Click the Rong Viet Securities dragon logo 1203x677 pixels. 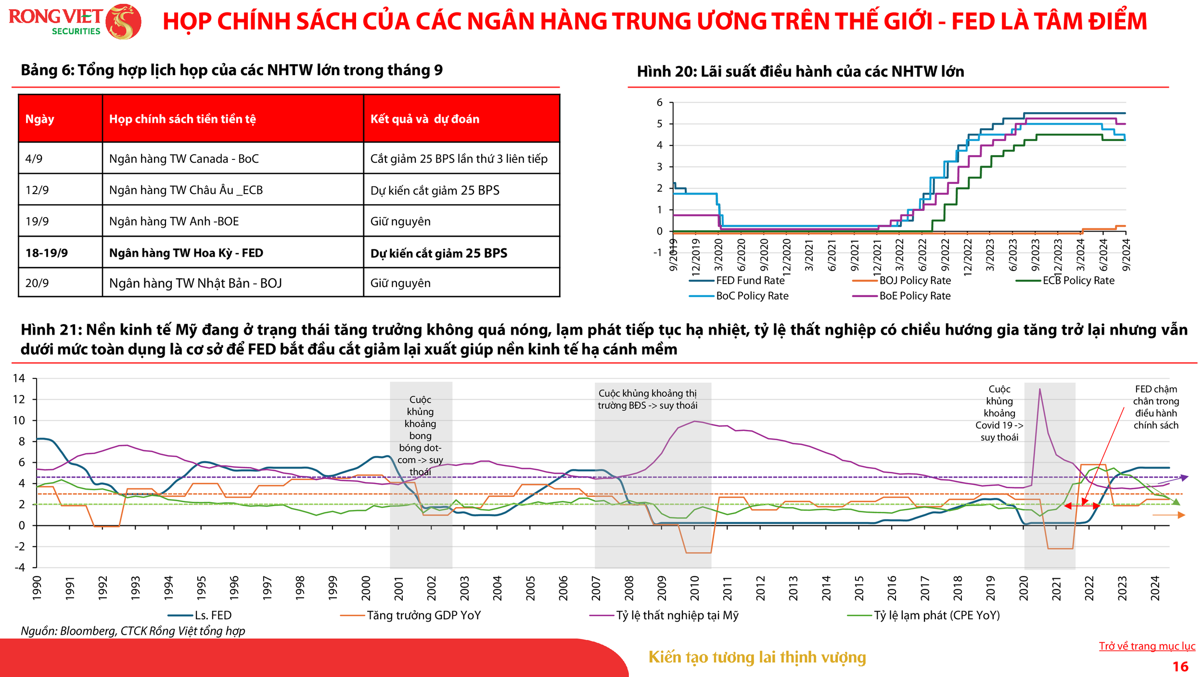[x=123, y=22]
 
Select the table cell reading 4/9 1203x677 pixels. [x=34, y=158]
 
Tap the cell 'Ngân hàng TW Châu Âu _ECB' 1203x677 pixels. [x=186, y=190]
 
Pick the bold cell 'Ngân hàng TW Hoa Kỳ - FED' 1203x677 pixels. [x=186, y=253]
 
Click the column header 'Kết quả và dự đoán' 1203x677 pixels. [x=424, y=119]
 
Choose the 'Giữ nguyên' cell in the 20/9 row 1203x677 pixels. [x=400, y=283]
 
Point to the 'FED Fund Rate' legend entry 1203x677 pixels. [x=750, y=280]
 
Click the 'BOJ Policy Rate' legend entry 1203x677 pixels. [x=915, y=280]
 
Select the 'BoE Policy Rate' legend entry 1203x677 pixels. [x=915, y=296]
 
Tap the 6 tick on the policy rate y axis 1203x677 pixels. [x=659, y=103]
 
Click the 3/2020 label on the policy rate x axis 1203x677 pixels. [x=718, y=255]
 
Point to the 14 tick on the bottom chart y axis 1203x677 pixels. [x=19, y=378]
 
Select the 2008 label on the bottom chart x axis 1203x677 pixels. [x=629, y=588]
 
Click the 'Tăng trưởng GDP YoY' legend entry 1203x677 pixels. [x=423, y=615]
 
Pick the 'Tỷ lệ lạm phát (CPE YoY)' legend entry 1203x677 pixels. [x=936, y=615]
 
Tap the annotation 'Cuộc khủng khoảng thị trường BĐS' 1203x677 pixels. [x=648, y=399]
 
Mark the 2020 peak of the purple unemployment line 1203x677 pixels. [x=1040, y=389]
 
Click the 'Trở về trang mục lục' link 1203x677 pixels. [x=1147, y=646]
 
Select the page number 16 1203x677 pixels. [x=1180, y=666]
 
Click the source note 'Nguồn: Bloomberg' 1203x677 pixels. [x=133, y=631]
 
